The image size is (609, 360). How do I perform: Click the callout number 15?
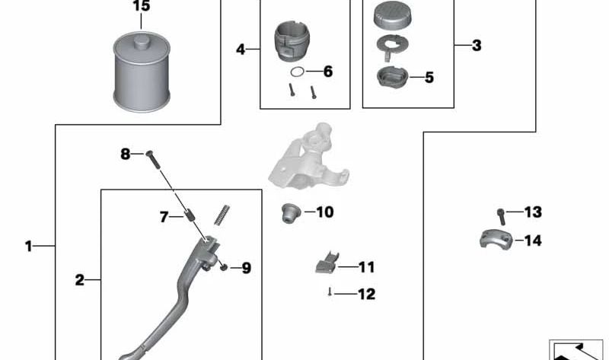[x=141, y=6]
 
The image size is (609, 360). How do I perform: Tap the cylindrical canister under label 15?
[x=142, y=72]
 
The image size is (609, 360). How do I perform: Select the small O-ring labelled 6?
[x=298, y=72]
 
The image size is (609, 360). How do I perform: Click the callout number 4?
[x=241, y=49]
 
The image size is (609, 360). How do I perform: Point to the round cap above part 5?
[x=393, y=15]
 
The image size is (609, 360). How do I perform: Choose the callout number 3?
[x=477, y=46]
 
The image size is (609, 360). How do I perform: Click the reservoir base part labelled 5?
[x=393, y=77]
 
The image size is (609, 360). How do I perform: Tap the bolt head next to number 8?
[x=149, y=154]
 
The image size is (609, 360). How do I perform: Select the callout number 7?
[x=164, y=217]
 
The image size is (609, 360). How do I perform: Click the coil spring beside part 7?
[x=222, y=215]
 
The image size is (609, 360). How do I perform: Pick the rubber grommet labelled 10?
[x=291, y=212]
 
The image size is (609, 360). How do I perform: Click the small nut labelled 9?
[x=223, y=267]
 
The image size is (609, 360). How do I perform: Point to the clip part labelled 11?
[x=327, y=264]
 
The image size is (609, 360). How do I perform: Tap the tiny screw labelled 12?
[x=330, y=292]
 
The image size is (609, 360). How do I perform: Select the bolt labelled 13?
[x=501, y=216]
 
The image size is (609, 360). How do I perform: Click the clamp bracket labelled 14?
[x=496, y=239]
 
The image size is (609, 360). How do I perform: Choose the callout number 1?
[x=28, y=246]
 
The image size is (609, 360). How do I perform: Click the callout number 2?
[x=80, y=279]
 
